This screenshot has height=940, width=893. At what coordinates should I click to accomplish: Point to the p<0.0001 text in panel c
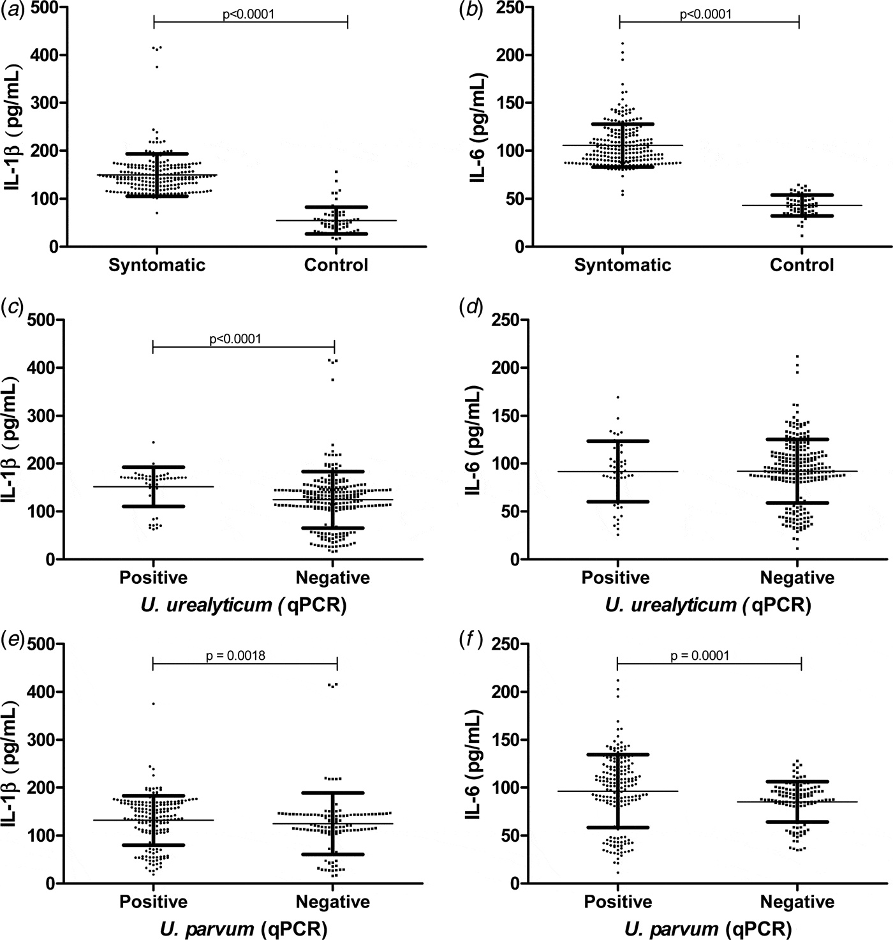click(x=235, y=339)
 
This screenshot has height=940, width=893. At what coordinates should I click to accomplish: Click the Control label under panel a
click(x=336, y=265)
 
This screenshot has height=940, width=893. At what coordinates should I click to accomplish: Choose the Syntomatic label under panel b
click(x=623, y=265)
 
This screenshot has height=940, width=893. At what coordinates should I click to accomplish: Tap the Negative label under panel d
click(x=797, y=578)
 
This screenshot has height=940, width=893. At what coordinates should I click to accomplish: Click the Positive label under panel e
click(x=153, y=902)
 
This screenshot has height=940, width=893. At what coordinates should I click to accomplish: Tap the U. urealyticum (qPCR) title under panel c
click(x=245, y=604)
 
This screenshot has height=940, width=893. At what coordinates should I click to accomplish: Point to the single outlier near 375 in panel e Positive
click(x=153, y=704)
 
